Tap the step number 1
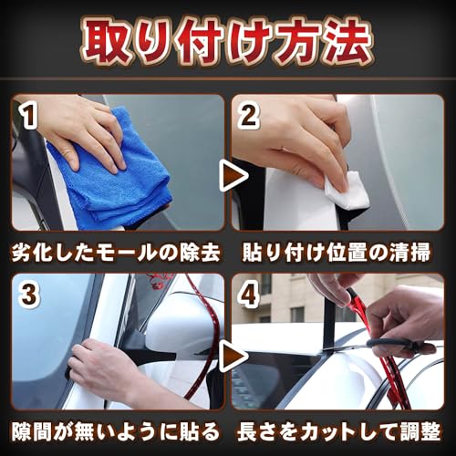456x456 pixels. [x=29, y=116]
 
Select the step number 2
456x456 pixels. [x=248, y=116]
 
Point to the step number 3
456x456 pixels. [x=29, y=295]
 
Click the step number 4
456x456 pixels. [x=249, y=295]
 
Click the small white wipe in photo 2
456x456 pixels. [x=347, y=190]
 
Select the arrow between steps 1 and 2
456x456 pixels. [x=233, y=176]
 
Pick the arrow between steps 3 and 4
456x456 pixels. [x=233, y=355]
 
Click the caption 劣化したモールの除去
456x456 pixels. [x=116, y=253]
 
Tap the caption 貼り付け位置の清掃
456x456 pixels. [x=337, y=253]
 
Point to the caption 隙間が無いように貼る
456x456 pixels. [x=116, y=431]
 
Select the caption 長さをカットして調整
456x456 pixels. [x=338, y=431]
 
